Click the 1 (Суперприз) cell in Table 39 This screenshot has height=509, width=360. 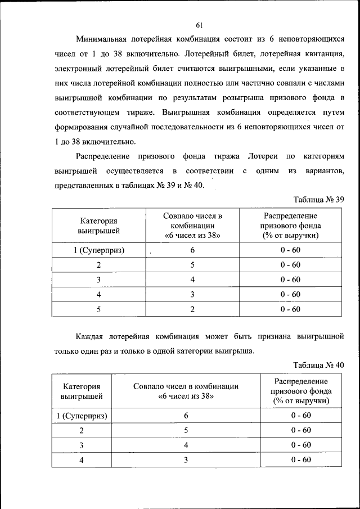(x=99, y=250)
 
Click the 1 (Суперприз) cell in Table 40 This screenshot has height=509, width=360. (x=82, y=416)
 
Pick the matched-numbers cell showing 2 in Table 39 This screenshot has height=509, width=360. (x=192, y=309)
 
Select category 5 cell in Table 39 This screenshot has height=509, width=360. (x=99, y=309)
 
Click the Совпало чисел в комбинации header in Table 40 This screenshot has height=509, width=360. (x=186, y=391)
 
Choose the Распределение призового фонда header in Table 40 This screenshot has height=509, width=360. (x=301, y=391)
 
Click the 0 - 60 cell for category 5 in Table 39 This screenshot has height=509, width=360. (x=290, y=309)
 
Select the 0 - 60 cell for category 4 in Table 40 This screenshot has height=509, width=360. (x=301, y=460)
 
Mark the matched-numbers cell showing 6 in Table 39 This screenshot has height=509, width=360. (x=192, y=250)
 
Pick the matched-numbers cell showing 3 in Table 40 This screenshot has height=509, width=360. (x=186, y=460)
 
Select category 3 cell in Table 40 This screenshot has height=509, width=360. (x=82, y=445)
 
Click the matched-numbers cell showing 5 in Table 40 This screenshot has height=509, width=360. (x=186, y=430)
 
